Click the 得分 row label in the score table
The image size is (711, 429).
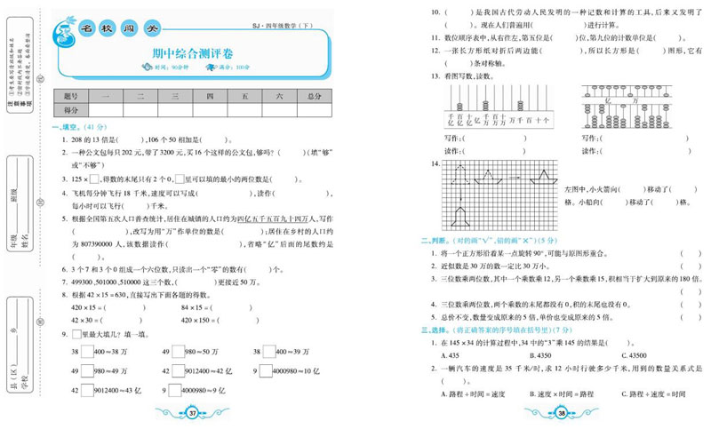click(72, 110)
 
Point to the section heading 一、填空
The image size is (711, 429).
click(69, 126)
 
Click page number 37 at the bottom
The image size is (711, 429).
click(193, 411)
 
